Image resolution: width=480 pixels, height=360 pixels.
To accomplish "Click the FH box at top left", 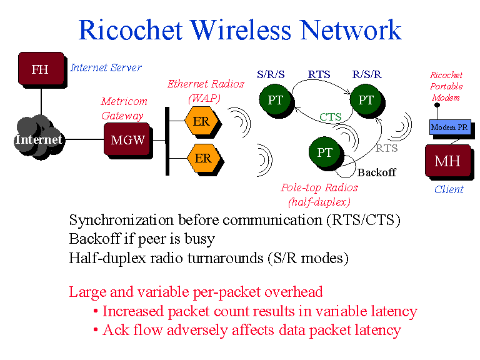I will point(41,69).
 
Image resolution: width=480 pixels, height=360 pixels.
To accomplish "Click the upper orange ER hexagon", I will point(202,122).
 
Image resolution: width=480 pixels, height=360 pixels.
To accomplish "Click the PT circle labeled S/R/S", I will point(276,100).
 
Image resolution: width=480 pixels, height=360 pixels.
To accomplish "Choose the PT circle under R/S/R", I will point(366,100).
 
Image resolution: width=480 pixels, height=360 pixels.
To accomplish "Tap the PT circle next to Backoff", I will point(325,152).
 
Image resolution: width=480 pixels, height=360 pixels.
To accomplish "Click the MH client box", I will point(447,161).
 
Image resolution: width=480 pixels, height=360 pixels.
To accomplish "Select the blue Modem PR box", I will point(449,127).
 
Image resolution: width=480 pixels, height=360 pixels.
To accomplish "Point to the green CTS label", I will point(330,117).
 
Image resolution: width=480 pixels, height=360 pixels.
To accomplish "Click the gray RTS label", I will point(386,149).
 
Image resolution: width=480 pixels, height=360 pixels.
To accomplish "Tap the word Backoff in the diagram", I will point(376,172).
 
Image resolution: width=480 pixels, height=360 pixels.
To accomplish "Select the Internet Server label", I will point(106,67).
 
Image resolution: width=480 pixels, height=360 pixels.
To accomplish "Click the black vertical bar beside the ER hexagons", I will point(167,141).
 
